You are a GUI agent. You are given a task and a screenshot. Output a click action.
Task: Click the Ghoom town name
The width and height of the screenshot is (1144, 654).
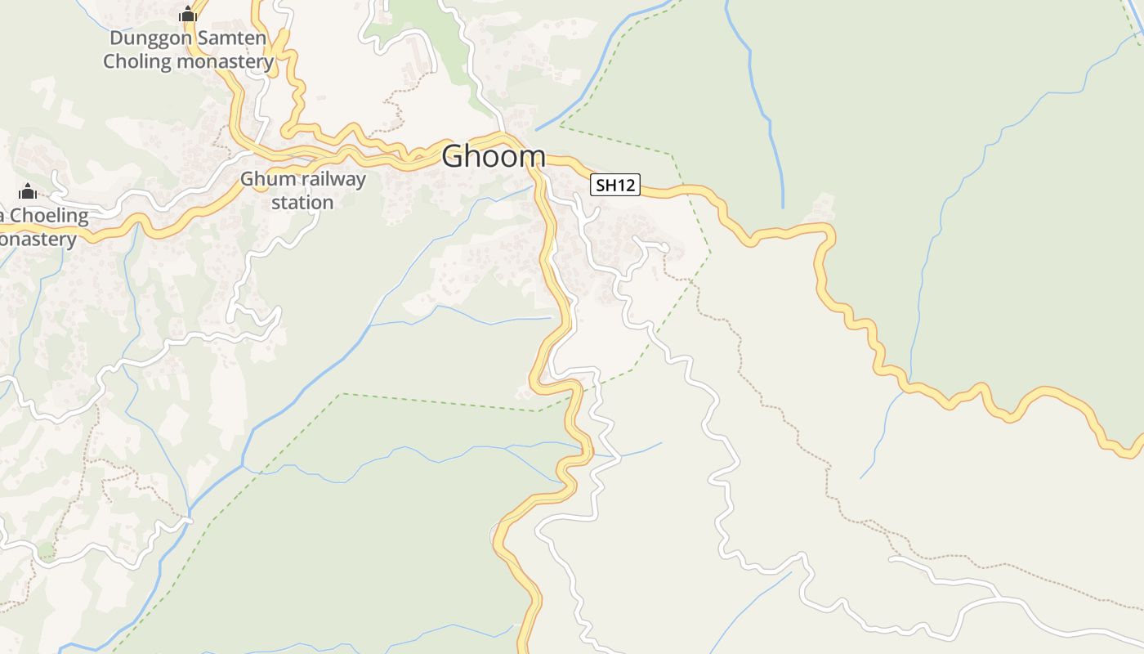click(494, 156)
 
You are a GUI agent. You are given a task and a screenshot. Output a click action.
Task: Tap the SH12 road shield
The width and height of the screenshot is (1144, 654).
click(615, 186)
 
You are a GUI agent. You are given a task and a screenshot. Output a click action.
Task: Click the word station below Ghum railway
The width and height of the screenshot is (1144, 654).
click(302, 202)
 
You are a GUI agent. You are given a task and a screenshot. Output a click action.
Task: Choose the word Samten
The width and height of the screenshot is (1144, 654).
click(235, 38)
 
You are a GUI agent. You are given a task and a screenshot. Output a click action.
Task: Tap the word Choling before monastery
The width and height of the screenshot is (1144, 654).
click(137, 61)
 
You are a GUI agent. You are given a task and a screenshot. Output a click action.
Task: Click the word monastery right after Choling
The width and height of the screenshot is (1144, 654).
click(225, 61)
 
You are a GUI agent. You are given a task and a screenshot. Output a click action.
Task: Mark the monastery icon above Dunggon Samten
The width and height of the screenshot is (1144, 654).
click(188, 14)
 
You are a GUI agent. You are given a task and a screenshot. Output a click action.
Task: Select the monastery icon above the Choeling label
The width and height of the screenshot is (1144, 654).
click(28, 191)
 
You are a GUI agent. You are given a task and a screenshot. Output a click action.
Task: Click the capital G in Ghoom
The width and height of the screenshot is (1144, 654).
click(453, 156)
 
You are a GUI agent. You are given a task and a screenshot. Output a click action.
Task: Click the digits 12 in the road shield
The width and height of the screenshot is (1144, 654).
click(626, 186)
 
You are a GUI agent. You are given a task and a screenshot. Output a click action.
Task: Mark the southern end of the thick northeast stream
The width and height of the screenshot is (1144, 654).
click(782, 207)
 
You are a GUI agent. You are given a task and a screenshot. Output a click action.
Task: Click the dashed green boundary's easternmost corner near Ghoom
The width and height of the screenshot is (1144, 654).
click(710, 251)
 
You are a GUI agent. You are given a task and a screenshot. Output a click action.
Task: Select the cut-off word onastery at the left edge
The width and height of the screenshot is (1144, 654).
click(38, 240)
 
